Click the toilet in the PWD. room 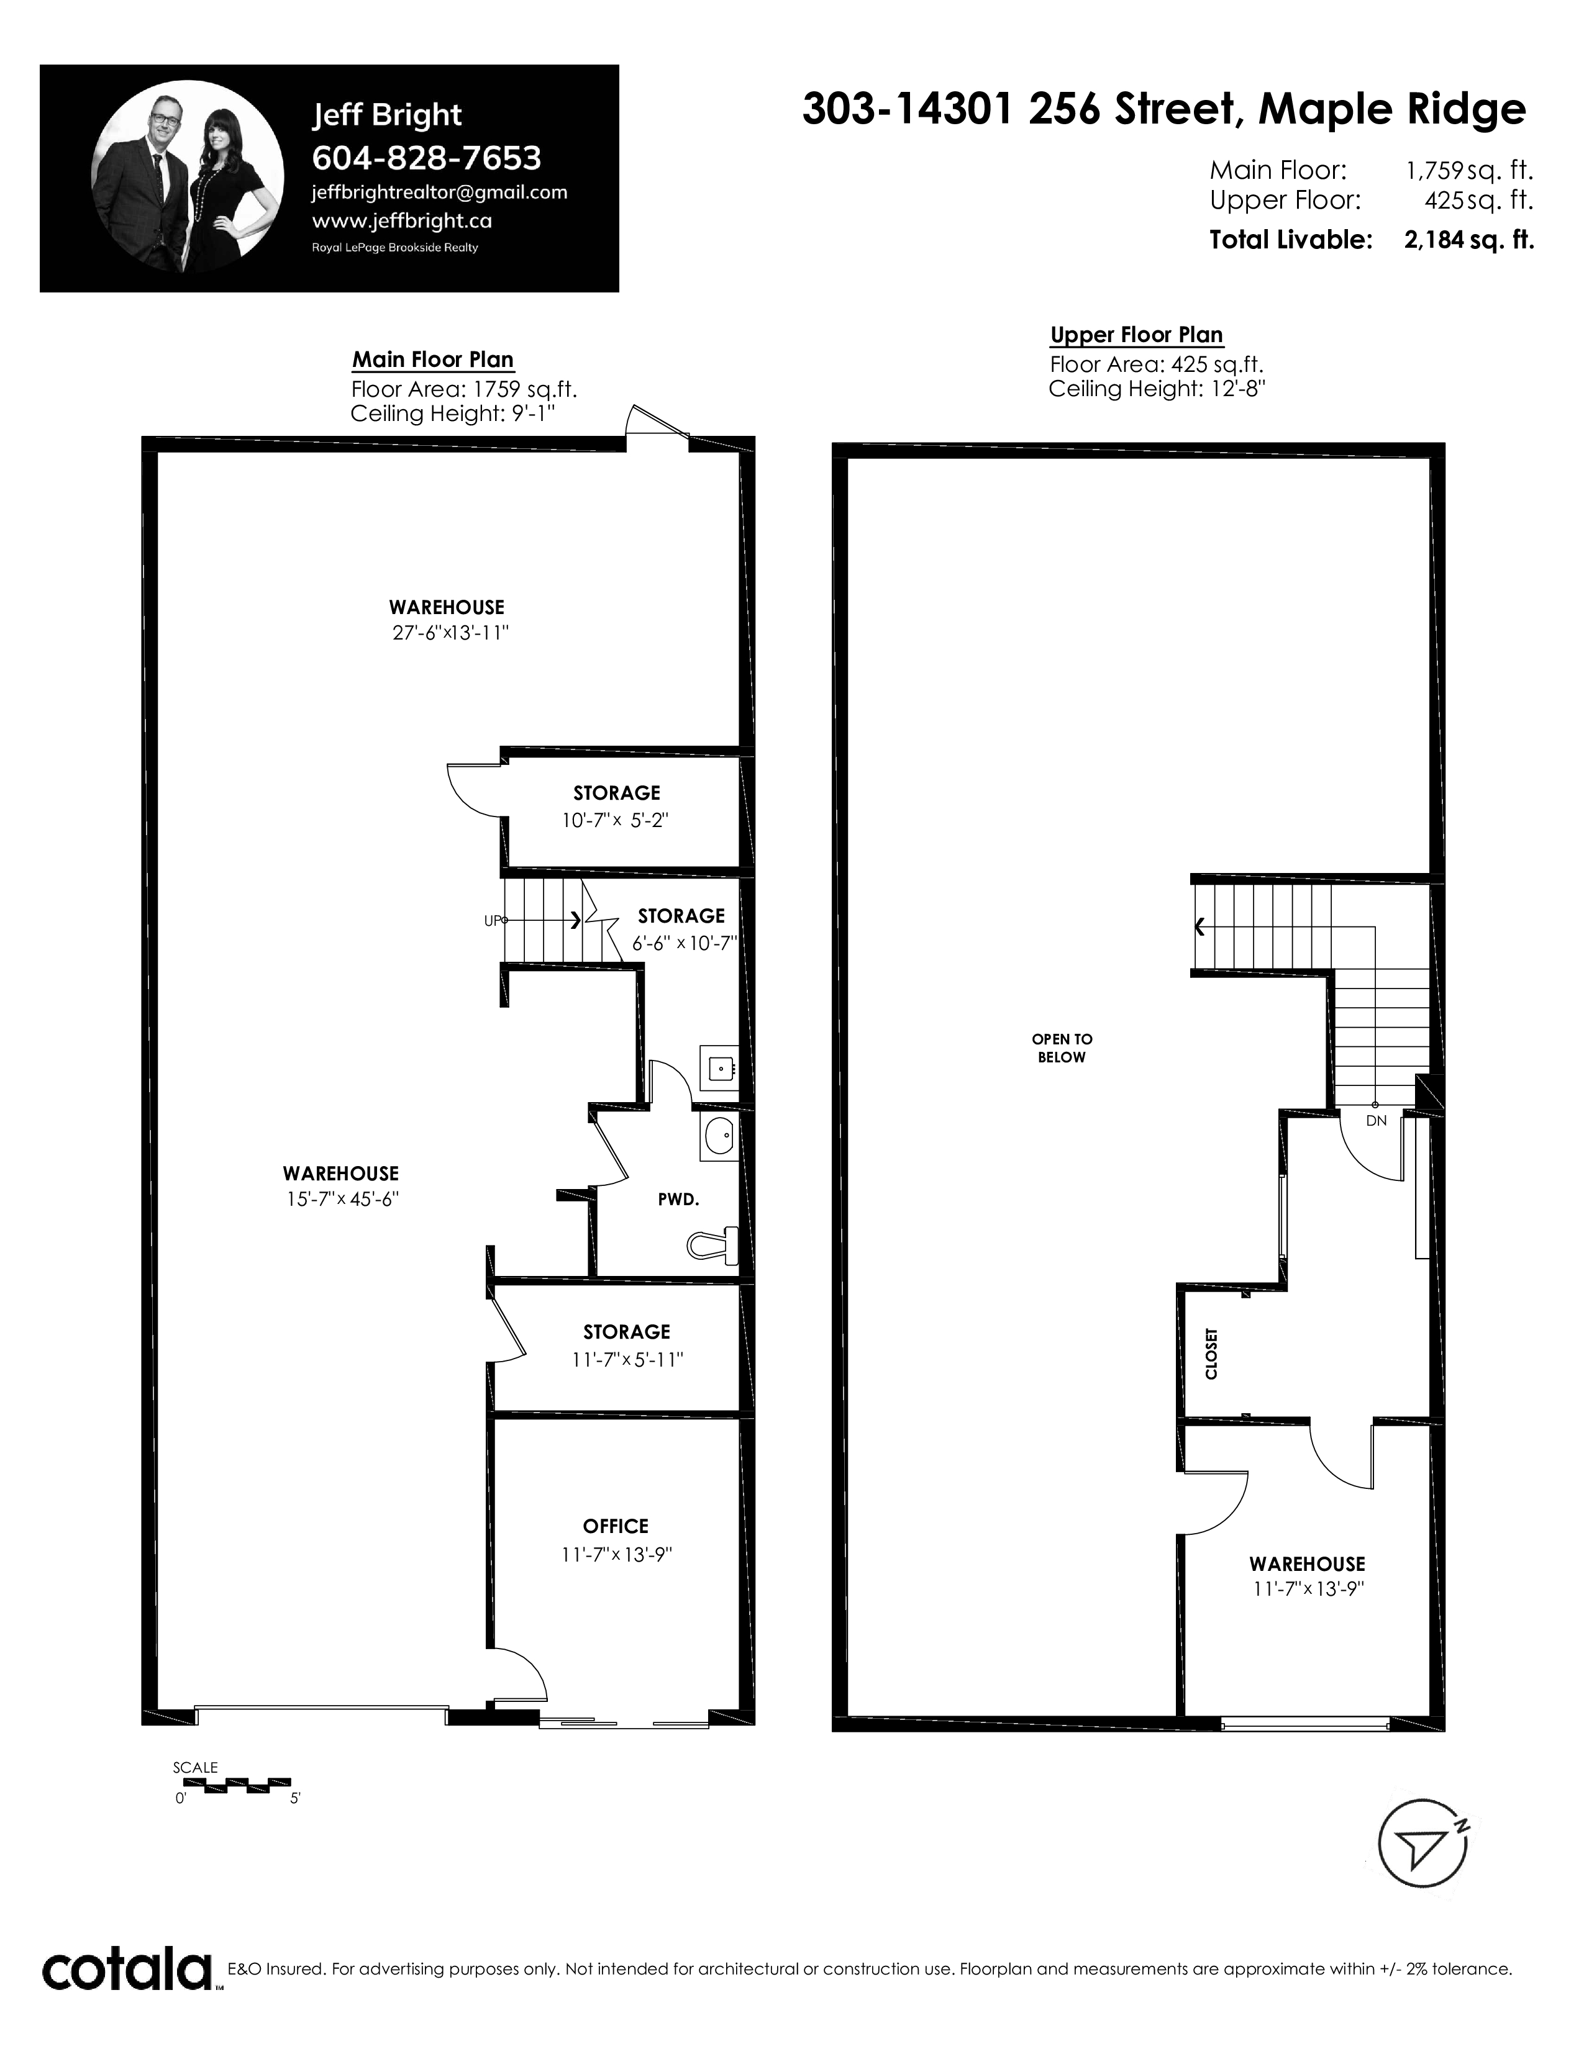tap(714, 1245)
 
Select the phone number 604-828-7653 tap(426, 158)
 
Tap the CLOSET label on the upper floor tap(1211, 1353)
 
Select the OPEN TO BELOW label tap(1062, 1048)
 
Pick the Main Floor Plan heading tap(432, 360)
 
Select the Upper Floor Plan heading tap(1136, 335)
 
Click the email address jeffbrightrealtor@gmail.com tap(439, 193)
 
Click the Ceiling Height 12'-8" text tap(1157, 389)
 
